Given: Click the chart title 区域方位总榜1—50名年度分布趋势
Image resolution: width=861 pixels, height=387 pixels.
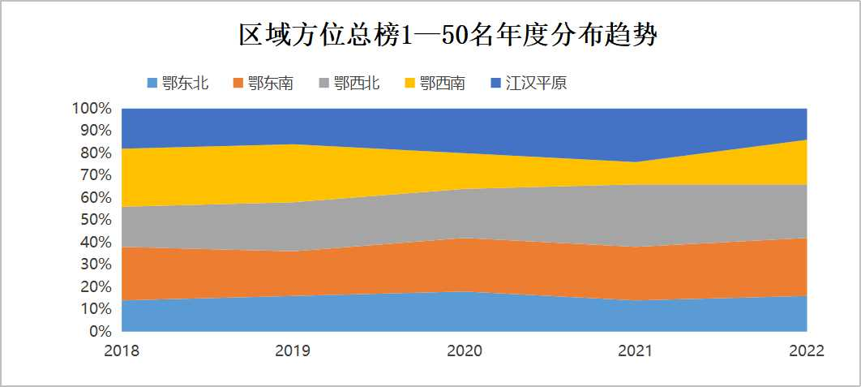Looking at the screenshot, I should click(447, 36).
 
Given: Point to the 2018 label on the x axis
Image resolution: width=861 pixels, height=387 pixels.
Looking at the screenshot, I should click(122, 351).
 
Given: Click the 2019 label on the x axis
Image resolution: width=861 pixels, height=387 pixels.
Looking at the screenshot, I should click(293, 351).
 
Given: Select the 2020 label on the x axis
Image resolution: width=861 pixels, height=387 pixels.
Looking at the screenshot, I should click(465, 351).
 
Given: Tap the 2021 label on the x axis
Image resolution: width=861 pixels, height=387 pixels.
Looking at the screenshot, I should click(636, 351).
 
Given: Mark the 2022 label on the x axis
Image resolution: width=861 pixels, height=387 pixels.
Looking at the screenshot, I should click(807, 351).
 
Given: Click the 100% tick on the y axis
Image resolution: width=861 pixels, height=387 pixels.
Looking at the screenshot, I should click(92, 109).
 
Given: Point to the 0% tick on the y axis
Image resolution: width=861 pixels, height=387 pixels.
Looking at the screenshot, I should click(99, 332).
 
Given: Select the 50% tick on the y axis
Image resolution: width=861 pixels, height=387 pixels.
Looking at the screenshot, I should click(95, 220).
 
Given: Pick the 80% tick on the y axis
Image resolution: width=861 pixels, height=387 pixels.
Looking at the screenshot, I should click(95, 153).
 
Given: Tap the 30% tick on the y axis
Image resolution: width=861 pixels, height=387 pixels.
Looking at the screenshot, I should click(95, 264).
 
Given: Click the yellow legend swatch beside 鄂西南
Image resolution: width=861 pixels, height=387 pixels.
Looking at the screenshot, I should click(410, 83).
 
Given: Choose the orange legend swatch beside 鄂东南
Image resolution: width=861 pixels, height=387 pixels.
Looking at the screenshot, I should click(238, 83).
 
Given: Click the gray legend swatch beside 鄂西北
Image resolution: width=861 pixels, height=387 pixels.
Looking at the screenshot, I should click(324, 83).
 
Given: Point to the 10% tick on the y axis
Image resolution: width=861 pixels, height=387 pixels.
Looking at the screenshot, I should click(95, 309).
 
